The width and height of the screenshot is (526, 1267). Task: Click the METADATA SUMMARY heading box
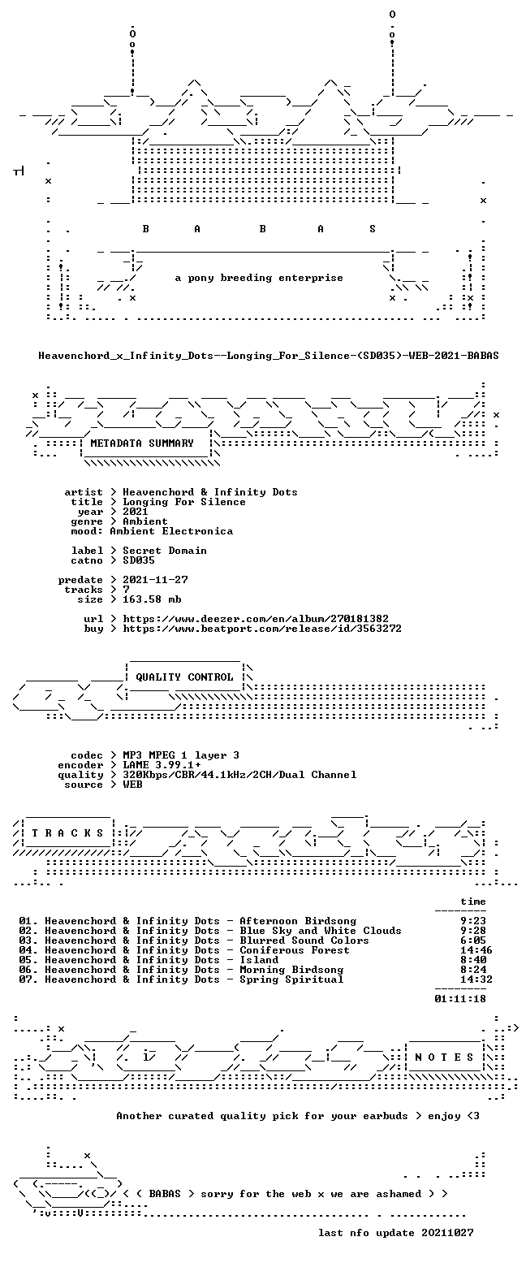coord(142,443)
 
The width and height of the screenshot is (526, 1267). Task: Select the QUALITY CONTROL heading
coord(184,677)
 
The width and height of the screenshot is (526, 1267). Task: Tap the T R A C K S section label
coord(67,833)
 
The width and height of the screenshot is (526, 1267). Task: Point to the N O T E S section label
coord(444,1057)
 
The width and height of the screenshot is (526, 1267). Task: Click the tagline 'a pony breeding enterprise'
coord(259,278)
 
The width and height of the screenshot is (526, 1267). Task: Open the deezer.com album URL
coord(256,619)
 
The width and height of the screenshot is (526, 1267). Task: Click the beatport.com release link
coord(262,629)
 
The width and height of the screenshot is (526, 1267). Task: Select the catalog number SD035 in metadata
coord(139,560)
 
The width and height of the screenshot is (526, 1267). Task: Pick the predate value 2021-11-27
coord(156,580)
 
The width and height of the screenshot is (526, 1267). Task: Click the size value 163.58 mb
coord(152,599)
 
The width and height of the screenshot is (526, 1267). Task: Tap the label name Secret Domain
coord(165,551)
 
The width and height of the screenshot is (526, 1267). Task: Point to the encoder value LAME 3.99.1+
coord(162,765)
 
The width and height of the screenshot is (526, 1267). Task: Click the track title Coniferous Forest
coord(295,950)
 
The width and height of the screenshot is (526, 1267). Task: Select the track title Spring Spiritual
coord(292,979)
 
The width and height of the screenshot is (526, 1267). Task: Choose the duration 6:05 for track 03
coord(473,941)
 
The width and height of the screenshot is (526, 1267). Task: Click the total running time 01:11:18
coord(460,999)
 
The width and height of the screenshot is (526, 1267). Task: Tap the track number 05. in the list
coord(28,960)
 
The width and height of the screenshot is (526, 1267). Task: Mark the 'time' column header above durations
coord(473,902)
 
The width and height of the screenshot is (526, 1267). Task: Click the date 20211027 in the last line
coord(447,1233)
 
